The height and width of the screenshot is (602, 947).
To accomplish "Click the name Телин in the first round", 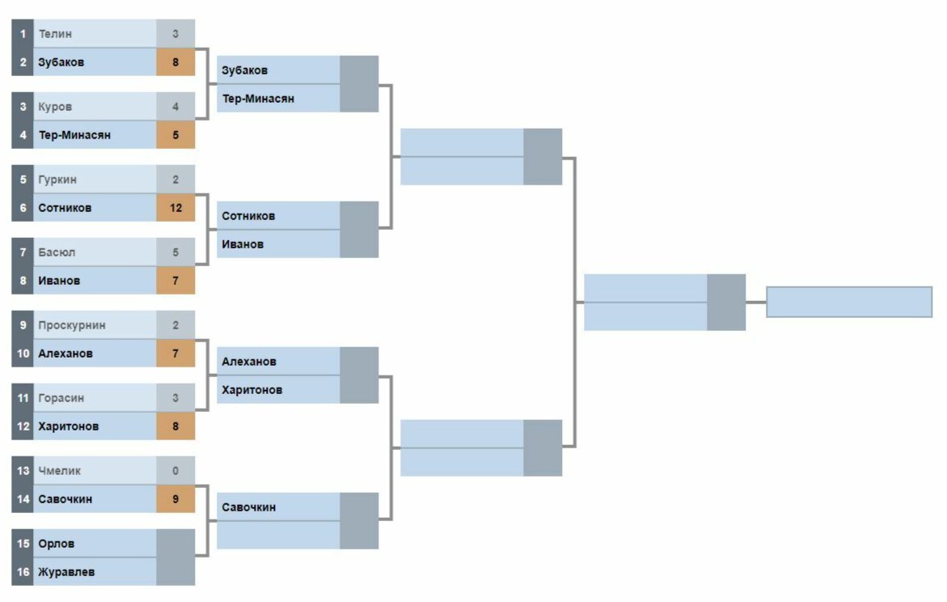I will click(x=55, y=34).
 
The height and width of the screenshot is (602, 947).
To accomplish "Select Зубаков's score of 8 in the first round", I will click(x=175, y=62).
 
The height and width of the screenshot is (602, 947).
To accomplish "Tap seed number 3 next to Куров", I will click(x=23, y=107).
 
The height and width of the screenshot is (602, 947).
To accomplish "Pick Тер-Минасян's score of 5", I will click(x=175, y=135).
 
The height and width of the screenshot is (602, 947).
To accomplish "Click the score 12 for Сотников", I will click(x=175, y=208).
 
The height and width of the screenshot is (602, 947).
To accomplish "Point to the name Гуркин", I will click(x=57, y=180).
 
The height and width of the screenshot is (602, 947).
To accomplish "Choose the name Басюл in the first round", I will click(x=57, y=252).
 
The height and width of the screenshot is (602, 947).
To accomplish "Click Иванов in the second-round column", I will click(x=243, y=244).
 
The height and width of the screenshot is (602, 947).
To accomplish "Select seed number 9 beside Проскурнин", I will click(x=23, y=325).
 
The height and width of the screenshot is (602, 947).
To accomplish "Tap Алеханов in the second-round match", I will click(x=248, y=362).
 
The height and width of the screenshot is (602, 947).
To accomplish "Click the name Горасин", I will click(x=61, y=398).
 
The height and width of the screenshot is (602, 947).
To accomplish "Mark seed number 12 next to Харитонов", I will click(x=23, y=426).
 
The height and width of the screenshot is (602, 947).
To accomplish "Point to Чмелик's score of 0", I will click(x=175, y=471).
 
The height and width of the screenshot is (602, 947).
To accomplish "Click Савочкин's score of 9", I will click(x=175, y=499).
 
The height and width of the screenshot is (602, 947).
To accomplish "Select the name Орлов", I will click(x=57, y=544).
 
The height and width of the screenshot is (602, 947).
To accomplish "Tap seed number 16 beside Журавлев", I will click(x=23, y=572).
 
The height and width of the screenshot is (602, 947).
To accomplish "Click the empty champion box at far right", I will click(x=849, y=302).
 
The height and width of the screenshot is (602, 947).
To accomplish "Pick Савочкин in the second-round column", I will click(x=248, y=507).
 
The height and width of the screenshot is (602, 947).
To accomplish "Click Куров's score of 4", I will click(x=175, y=107).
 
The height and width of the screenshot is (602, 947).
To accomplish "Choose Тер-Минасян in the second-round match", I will click(x=258, y=99).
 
